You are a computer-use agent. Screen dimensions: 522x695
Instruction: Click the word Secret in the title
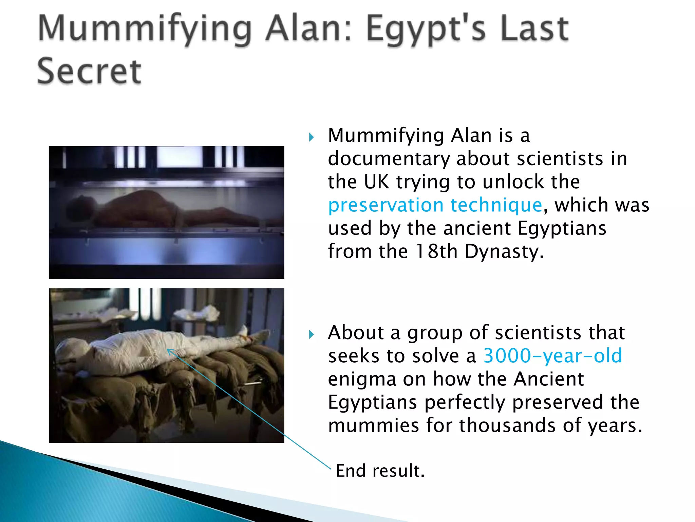(x=89, y=71)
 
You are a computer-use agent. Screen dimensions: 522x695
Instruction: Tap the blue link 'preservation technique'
(x=435, y=205)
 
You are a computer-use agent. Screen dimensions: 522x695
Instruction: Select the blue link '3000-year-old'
(x=552, y=356)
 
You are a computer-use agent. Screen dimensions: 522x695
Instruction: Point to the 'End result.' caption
(x=380, y=471)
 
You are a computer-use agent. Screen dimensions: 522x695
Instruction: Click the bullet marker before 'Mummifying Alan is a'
(x=312, y=137)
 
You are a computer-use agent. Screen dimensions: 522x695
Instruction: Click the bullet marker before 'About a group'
(x=312, y=335)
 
